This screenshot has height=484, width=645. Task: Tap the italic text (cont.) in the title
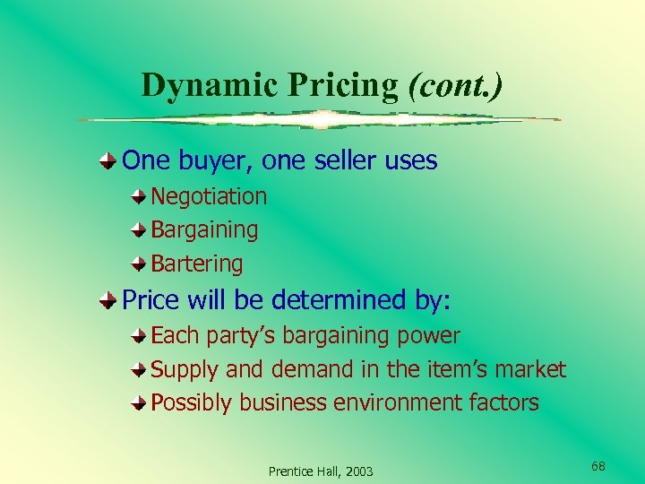(455, 84)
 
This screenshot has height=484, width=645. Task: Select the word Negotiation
(209, 196)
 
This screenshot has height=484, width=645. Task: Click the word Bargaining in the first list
(204, 230)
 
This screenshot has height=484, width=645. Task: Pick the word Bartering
(197, 264)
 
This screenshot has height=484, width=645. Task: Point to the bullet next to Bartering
(139, 264)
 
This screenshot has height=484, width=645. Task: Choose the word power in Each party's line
(432, 336)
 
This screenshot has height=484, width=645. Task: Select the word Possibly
(192, 403)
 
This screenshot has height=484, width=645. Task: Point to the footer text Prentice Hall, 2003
(321, 471)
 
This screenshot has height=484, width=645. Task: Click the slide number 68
(598, 466)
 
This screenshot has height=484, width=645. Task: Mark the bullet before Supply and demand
(139, 369)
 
